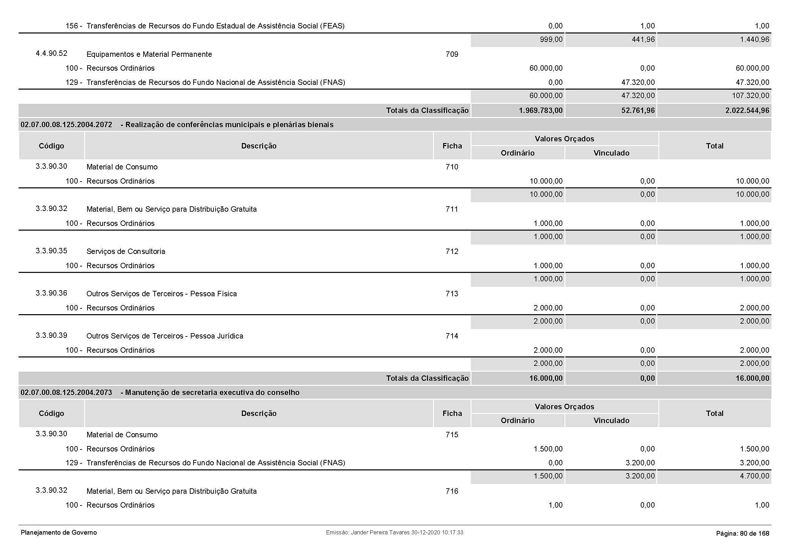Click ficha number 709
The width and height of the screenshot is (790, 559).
point(452,54)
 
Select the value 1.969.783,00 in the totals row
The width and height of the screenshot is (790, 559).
point(540,111)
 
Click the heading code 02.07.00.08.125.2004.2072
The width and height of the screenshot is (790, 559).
point(67,125)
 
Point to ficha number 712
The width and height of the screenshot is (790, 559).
point(452,251)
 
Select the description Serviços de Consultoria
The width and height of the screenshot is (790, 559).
point(126,251)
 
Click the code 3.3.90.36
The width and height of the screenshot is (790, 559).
point(51,293)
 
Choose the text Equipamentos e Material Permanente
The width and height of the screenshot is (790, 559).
point(149,54)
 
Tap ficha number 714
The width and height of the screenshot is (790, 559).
point(452,336)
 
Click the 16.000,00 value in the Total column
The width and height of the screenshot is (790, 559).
point(752,378)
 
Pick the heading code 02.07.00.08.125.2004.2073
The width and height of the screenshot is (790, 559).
point(67,393)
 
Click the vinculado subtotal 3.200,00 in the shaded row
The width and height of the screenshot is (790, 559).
point(640,476)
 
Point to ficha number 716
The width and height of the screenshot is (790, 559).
point(452,491)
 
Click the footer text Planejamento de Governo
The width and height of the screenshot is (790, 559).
point(59,533)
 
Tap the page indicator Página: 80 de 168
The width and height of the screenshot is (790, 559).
point(742,534)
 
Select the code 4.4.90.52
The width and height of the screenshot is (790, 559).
point(51,53)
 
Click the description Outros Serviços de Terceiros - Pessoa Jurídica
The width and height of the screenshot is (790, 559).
point(165,336)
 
